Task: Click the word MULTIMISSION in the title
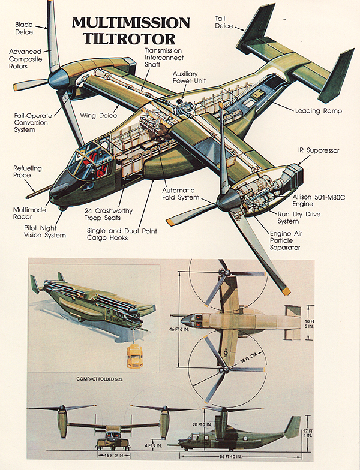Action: (x=131, y=23)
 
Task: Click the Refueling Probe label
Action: (x=28, y=173)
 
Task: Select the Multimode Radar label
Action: (x=29, y=214)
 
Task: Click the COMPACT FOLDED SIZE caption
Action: (x=106, y=379)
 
